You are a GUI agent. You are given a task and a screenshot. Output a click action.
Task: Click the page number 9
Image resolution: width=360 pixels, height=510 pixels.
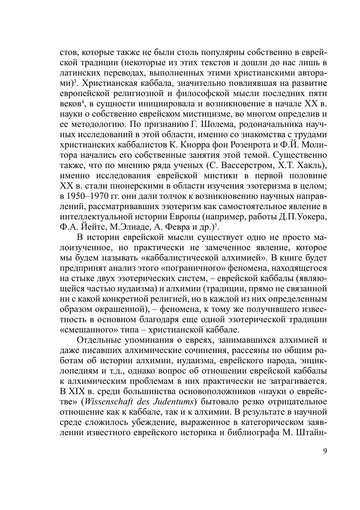tap(325, 451)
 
